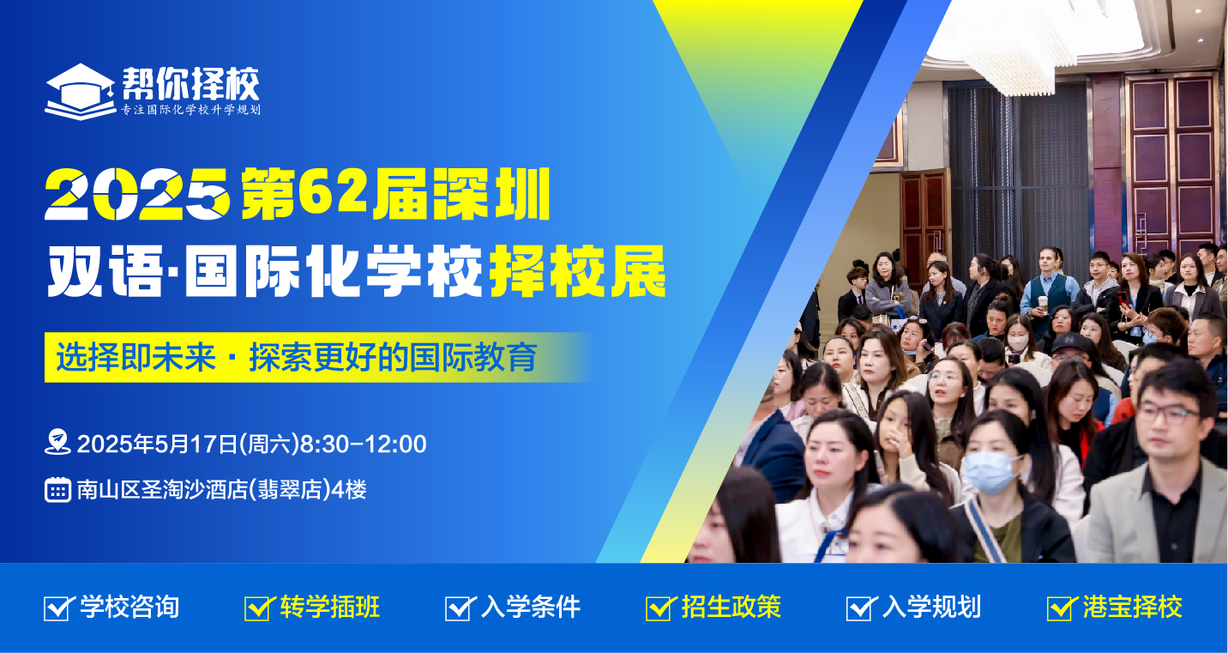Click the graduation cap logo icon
pyautogui.click(x=80, y=91)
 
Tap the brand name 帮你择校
pyautogui.click(x=190, y=84)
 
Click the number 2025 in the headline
pyautogui.click(x=137, y=194)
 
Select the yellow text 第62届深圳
pyautogui.click(x=395, y=194)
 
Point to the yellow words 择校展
pyautogui.click(x=578, y=271)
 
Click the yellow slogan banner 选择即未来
pyautogui.click(x=318, y=357)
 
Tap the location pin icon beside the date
pyautogui.click(x=57, y=442)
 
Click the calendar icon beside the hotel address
pyautogui.click(x=57, y=489)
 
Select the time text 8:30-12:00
pyautogui.click(x=364, y=444)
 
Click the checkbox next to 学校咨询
pyautogui.click(x=57, y=608)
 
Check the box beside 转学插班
pyautogui.click(x=258, y=608)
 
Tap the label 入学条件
pyautogui.click(x=530, y=608)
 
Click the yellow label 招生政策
pyautogui.click(x=731, y=608)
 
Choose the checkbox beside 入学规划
pyautogui.click(x=860, y=608)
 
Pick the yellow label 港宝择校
pyautogui.click(x=1132, y=608)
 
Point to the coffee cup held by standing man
pyautogui.click(x=1043, y=304)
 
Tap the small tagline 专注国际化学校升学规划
pyautogui.click(x=190, y=110)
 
